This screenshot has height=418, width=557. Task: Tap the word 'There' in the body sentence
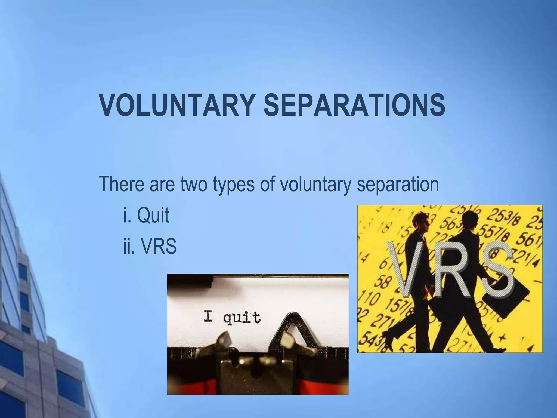121,184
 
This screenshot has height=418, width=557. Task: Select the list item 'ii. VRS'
150,247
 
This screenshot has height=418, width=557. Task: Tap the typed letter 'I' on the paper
208,317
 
